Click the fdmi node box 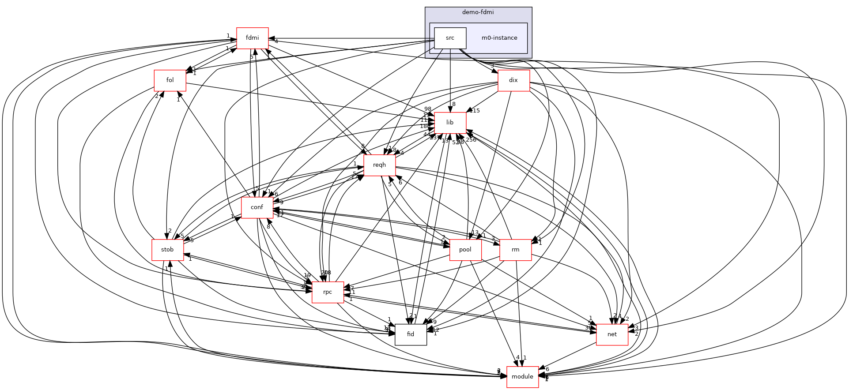tap(252, 38)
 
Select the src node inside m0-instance tap(450, 38)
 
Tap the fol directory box tap(170, 80)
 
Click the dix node tap(513, 80)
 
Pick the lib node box tap(450, 123)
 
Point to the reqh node tap(379, 165)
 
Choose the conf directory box tap(257, 207)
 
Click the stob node tap(167, 250)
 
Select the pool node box tap(465, 250)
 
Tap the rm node tap(515, 250)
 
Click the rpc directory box tap(328, 292)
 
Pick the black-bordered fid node tap(411, 334)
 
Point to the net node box tap(612, 334)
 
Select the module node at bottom tap(522, 377)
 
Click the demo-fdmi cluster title tap(478, 12)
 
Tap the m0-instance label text tap(499, 38)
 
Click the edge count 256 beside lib tap(471, 140)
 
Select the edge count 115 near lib tap(475, 111)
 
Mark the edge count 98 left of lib tap(427, 109)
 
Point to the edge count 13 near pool tap(475, 232)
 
